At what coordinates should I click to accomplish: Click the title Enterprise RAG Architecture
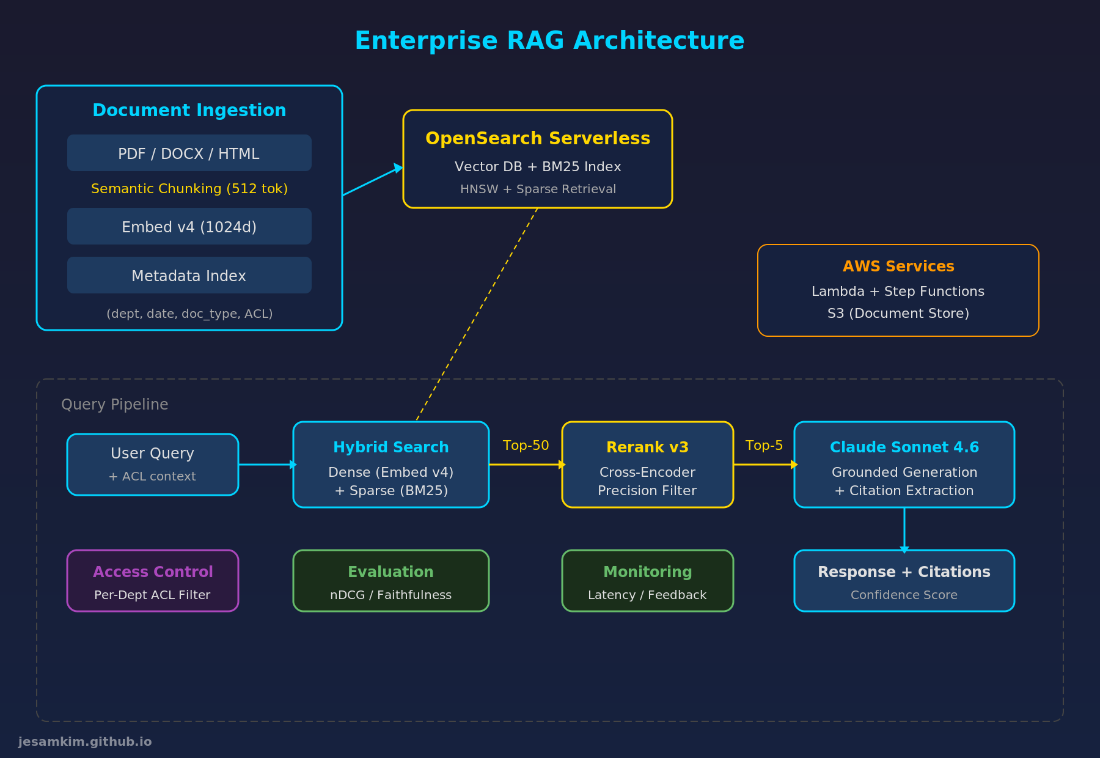tap(549, 41)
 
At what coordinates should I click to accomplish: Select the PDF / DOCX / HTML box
tap(189, 153)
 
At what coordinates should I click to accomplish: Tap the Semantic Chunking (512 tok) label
tap(189, 189)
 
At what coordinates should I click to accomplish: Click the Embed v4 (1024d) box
tap(189, 227)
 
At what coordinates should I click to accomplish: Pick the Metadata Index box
tap(189, 276)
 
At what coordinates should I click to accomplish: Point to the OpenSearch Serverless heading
tap(537, 139)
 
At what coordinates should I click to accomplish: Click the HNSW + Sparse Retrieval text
tap(537, 189)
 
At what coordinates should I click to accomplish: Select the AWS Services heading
tap(898, 267)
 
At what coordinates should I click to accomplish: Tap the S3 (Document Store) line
tap(898, 314)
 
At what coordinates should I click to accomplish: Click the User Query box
tap(152, 464)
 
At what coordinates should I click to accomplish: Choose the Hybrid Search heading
tap(391, 447)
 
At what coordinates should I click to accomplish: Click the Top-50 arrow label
tap(526, 446)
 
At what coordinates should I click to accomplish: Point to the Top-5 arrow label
tap(764, 446)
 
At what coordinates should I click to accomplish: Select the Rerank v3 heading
tap(647, 447)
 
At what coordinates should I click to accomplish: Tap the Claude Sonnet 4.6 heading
tap(904, 447)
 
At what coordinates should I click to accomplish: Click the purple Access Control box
tap(152, 580)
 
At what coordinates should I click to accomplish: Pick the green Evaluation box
tap(391, 580)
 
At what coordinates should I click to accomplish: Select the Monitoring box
tap(647, 580)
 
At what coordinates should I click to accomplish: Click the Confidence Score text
tap(904, 595)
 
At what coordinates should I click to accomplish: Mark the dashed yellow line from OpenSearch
tap(477, 314)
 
